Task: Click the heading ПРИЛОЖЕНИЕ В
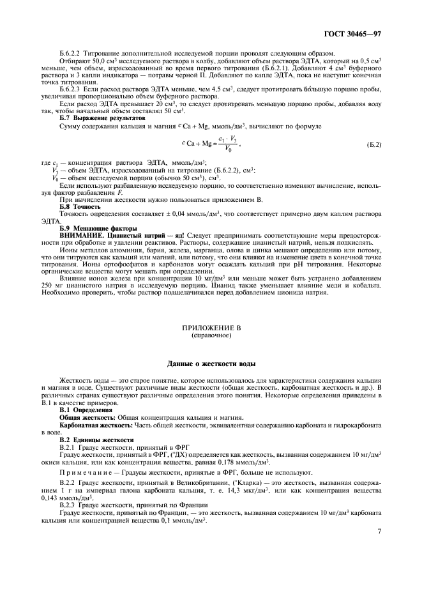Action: tap(211, 327)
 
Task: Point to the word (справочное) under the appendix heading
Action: tap(211, 334)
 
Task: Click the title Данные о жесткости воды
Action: tap(211, 364)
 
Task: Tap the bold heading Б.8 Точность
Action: tap(80, 207)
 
